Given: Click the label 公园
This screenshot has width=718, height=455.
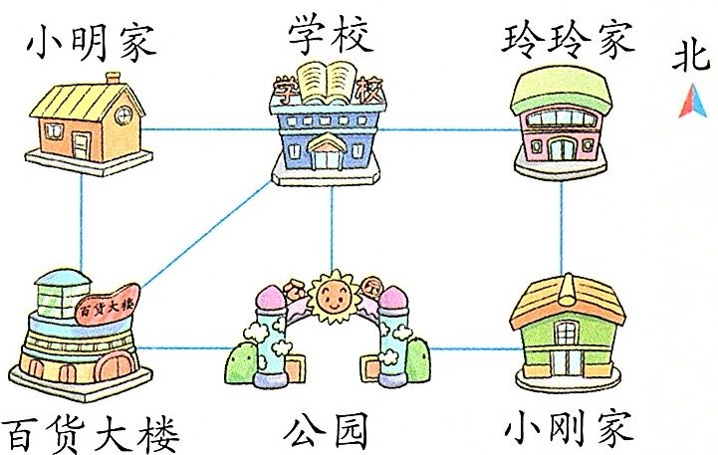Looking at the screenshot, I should [x=326, y=431].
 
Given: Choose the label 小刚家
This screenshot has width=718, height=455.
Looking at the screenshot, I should [x=569, y=430].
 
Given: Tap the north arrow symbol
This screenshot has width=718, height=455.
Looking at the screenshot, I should [x=686, y=101].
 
